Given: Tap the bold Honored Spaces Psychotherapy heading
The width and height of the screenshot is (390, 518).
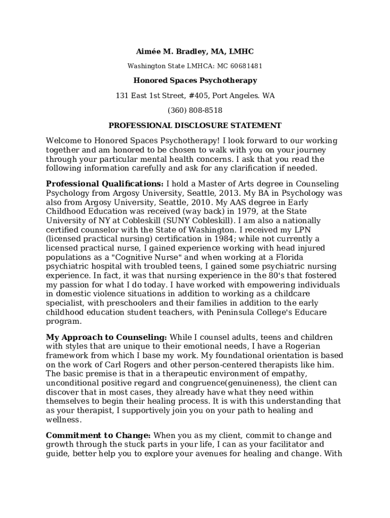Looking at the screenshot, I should pyautogui.click(x=195, y=80).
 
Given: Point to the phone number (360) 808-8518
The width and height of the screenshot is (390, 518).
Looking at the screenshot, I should pyautogui.click(x=195, y=110).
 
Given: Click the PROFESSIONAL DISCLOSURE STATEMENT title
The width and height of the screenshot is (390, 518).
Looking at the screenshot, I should pyautogui.click(x=195, y=125).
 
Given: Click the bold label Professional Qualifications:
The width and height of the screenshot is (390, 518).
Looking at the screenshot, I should pyautogui.click(x=105, y=184).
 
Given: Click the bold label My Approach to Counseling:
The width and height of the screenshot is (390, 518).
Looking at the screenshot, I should pyautogui.click(x=106, y=337).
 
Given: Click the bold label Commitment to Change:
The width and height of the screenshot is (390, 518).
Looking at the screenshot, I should pyautogui.click(x=98, y=435).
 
